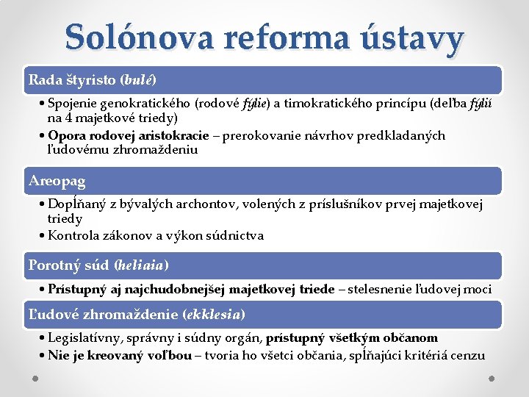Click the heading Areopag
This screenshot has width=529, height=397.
(x=57, y=181)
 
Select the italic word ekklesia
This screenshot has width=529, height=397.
(x=214, y=315)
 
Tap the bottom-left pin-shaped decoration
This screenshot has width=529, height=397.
(x=35, y=379)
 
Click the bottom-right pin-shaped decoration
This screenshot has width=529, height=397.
(x=492, y=379)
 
